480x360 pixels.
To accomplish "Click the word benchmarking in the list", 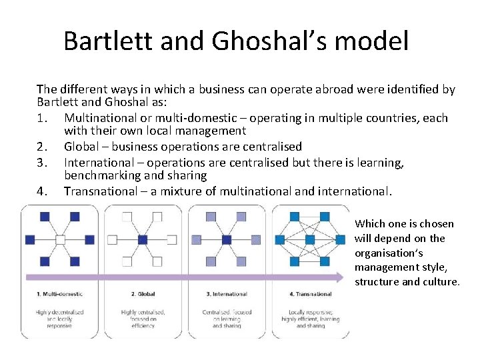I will click(x=99, y=176).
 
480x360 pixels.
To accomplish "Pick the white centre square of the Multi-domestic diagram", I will click(x=60, y=239).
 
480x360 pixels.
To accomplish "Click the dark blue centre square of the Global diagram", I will click(x=143, y=239).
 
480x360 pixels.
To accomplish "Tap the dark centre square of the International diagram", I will click(x=226, y=239).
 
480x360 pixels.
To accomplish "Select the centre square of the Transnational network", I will click(x=309, y=239).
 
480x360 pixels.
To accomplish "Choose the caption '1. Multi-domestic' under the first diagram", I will click(x=60, y=294).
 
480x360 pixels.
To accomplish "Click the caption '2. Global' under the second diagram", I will click(x=143, y=294).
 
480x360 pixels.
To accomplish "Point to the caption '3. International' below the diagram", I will click(x=227, y=294).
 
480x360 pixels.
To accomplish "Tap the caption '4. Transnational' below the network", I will click(x=310, y=294).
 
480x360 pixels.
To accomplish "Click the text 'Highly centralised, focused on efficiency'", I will click(x=143, y=319).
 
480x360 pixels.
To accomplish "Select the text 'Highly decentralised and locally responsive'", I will click(x=60, y=319).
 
